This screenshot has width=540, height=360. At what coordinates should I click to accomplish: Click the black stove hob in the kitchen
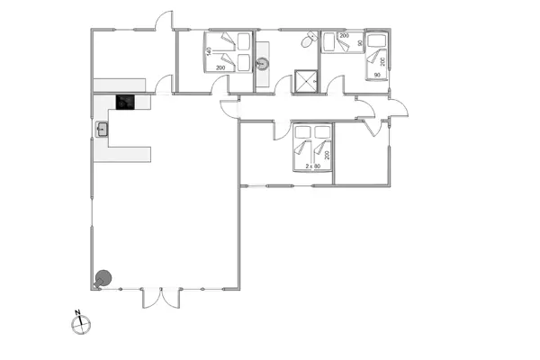125,103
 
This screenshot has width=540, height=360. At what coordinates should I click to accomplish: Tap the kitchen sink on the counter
102,129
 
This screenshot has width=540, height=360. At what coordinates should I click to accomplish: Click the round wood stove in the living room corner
104,278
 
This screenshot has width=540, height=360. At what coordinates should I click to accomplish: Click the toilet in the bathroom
309,40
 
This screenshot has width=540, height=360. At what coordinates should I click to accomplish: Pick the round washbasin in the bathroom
263,63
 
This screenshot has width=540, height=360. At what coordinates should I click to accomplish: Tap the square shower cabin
307,80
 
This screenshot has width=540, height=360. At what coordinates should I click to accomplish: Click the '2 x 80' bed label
312,167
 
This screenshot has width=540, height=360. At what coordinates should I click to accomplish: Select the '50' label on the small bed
359,42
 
